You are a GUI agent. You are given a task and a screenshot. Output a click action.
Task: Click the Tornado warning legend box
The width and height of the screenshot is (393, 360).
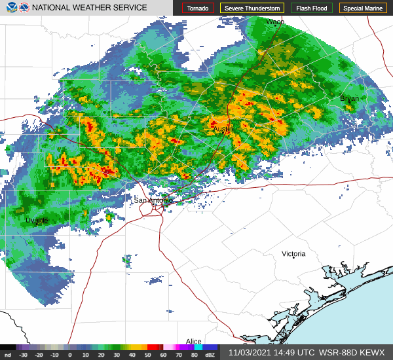pos(198,8)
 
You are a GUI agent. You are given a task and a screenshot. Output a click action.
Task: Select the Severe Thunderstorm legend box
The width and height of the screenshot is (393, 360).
pos(252,8)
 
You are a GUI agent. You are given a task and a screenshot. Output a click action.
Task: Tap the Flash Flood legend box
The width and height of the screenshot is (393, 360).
pos(312,8)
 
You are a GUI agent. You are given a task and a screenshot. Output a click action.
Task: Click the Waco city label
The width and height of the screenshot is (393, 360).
pos(275,22)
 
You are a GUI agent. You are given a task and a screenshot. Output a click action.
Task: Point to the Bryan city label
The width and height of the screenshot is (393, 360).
pos(349,98)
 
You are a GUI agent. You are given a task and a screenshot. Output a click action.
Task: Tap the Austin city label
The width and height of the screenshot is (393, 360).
pos(223,130)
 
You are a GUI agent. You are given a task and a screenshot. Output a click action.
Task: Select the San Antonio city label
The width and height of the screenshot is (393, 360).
pos(154,200)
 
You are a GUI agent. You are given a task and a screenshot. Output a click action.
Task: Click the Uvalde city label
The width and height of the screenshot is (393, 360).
pos(37,221)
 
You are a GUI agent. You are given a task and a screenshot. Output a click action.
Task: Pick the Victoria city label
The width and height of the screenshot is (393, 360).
pos(293,253)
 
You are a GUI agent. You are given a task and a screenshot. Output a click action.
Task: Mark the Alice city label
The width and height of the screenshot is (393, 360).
pos(193,342)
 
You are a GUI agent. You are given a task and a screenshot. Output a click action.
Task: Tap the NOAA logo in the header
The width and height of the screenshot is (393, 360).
pos(8,8)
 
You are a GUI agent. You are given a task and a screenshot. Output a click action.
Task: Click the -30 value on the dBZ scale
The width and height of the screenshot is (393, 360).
pos(23,355)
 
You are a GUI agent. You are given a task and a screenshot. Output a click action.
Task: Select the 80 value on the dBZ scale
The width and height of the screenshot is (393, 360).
pos(195,355)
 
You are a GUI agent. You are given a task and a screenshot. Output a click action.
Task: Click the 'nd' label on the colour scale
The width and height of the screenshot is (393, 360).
pos(7,355)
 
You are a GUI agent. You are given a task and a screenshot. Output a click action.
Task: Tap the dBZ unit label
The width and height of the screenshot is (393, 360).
pos(210,355)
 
